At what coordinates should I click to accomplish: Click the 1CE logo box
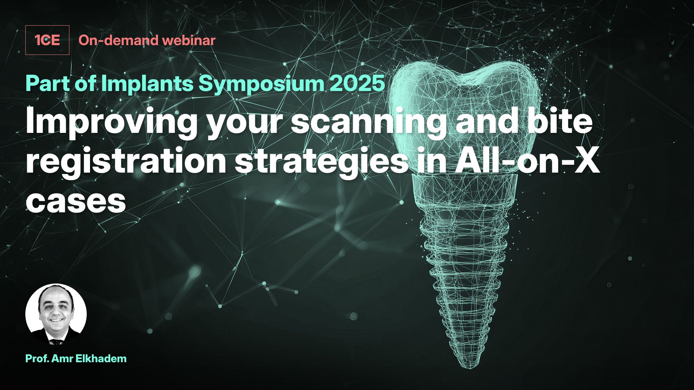47,40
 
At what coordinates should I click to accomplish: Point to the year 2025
357,84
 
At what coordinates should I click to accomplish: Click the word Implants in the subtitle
147,84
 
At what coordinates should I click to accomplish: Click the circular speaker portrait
56,314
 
